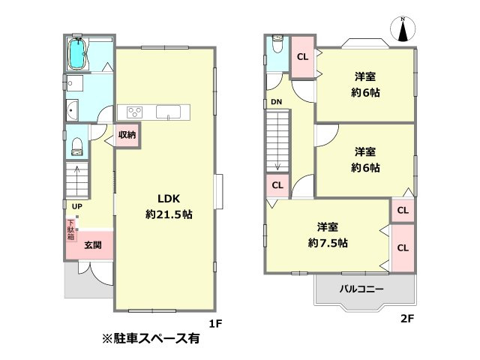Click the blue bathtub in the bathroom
[77, 54]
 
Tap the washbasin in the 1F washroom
[73, 112]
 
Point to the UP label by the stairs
[77, 205]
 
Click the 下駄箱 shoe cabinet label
[71, 229]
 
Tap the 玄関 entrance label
[93, 244]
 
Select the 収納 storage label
[127, 135]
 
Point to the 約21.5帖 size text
[168, 214]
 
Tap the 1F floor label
[215, 324]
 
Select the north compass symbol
[403, 30]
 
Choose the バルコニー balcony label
[362, 289]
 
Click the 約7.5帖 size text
[327, 242]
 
